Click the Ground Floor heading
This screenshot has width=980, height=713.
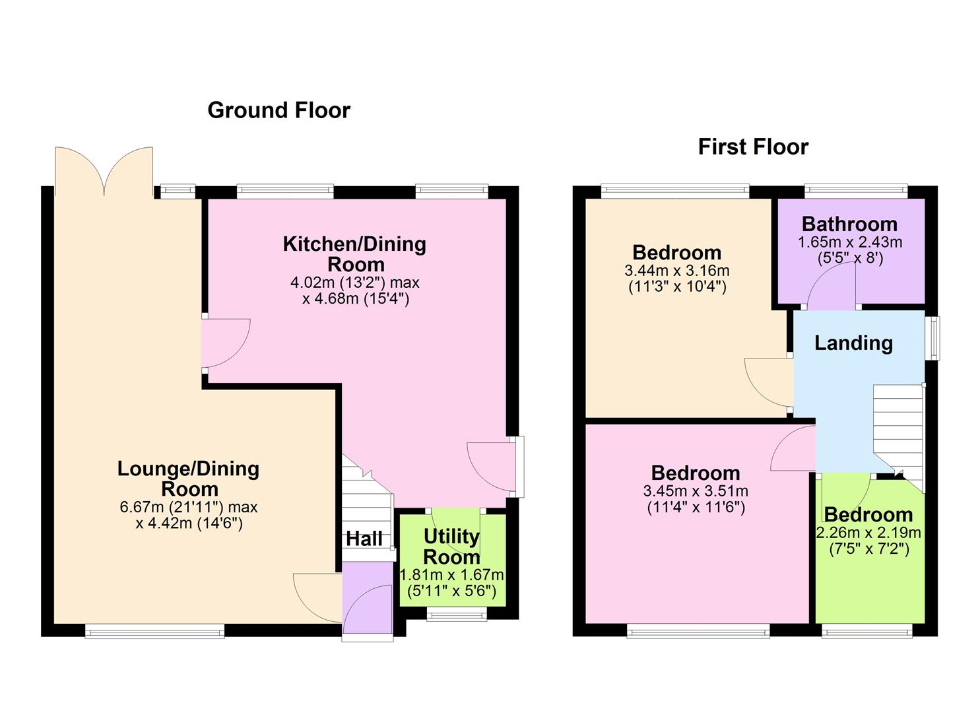click(278, 110)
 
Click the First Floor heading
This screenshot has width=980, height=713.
click(753, 147)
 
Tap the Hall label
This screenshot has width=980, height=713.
click(364, 539)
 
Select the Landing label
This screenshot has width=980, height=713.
click(853, 343)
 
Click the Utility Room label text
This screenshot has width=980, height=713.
click(451, 546)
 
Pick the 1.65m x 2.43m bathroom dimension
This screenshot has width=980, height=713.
click(850, 242)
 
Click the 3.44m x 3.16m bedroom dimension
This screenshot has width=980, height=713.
click(676, 271)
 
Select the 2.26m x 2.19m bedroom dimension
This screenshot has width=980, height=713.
click(868, 533)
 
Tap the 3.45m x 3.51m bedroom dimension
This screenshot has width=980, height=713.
click(696, 491)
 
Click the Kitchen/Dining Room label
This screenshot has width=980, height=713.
click(354, 254)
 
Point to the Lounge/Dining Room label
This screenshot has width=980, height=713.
click(188, 479)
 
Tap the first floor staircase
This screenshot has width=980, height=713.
click(898, 429)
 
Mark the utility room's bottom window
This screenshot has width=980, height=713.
click(457, 616)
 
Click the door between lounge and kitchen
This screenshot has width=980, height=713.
click(226, 343)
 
